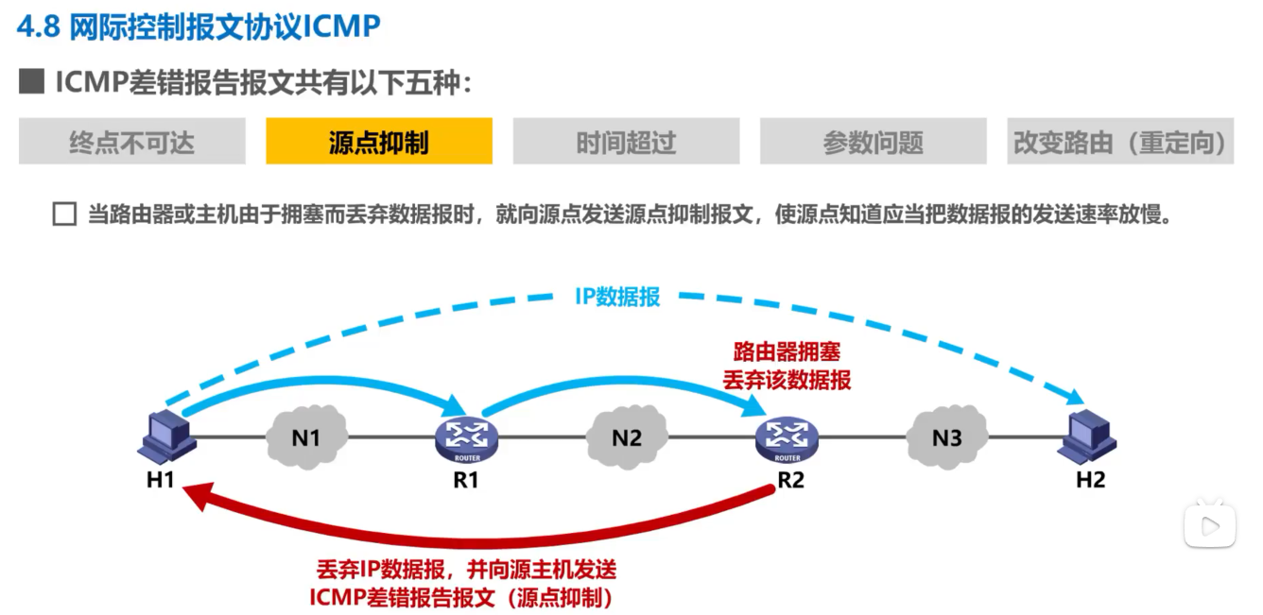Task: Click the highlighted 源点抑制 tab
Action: [x=378, y=142]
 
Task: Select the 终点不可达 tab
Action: [x=131, y=142]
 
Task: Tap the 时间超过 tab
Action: [x=626, y=142]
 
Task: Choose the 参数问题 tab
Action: [x=873, y=142]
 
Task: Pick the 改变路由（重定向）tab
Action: [x=1120, y=142]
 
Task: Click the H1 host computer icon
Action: [x=168, y=436]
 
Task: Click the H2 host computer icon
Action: [x=1089, y=436]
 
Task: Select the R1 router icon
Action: [x=466, y=436]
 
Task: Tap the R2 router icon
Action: [x=787, y=436]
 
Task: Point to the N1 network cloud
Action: [x=305, y=437]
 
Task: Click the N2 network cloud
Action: [x=626, y=437]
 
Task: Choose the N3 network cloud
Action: [x=946, y=437]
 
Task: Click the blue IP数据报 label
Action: [x=617, y=296]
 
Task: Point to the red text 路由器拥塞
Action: [x=787, y=353]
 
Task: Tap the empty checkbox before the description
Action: [x=64, y=214]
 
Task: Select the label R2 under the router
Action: [x=790, y=480]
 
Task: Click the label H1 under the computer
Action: [x=160, y=480]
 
